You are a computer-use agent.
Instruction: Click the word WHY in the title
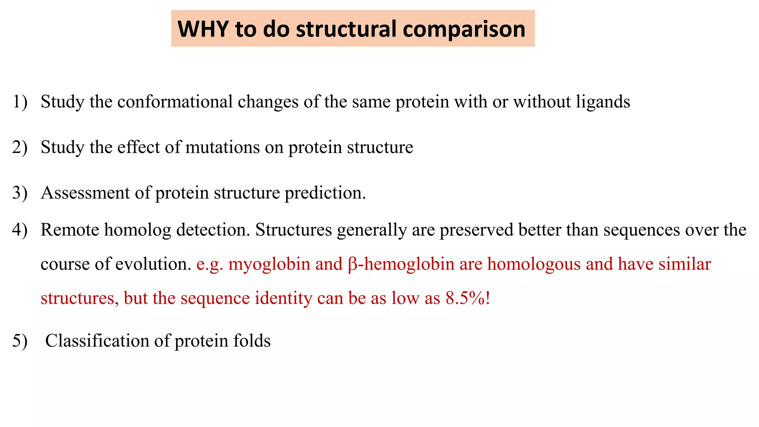click(203, 29)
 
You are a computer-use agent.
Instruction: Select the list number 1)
click(20, 102)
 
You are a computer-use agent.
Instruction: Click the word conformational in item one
click(175, 102)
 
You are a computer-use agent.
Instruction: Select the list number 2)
click(20, 148)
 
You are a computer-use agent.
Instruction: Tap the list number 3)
click(20, 193)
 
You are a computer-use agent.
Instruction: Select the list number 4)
click(20, 230)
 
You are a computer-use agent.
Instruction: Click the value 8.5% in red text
click(465, 298)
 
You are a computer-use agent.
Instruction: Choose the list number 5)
click(20, 341)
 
